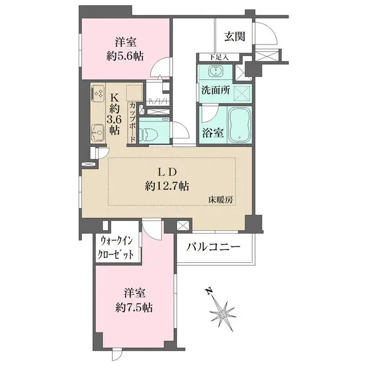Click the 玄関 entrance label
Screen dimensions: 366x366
(235, 37)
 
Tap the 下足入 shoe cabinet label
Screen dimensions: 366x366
(219, 57)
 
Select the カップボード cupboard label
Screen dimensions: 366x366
(132, 123)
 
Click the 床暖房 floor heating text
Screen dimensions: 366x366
(221, 199)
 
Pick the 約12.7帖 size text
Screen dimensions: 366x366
(167, 186)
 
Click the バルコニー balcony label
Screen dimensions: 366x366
(213, 246)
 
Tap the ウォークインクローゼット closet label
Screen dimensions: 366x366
(117, 247)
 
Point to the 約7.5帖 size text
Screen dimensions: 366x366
(134, 307)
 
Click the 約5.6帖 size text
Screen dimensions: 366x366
(125, 56)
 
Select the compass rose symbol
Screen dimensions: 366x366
(223, 314)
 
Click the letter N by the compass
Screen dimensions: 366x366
(209, 291)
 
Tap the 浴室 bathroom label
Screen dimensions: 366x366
(213, 133)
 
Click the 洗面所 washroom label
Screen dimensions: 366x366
(215, 90)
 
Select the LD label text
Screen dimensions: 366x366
(167, 172)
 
